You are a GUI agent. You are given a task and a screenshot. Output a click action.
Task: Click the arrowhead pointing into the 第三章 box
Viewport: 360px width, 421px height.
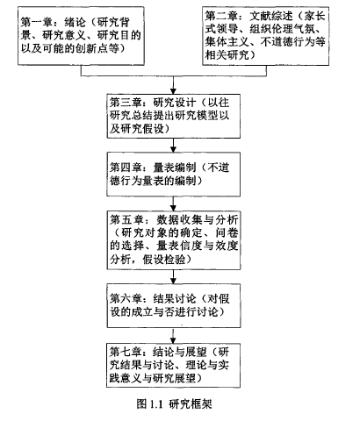tap(174, 91)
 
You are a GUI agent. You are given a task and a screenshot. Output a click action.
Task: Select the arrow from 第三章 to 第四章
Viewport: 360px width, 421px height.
tap(174, 145)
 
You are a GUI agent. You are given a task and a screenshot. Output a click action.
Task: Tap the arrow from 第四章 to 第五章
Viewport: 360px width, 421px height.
tap(174, 203)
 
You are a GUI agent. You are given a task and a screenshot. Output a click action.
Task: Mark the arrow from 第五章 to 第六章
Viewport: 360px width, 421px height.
tap(174, 276)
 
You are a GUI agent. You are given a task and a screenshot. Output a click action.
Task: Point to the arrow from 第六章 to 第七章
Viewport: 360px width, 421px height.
tap(174, 336)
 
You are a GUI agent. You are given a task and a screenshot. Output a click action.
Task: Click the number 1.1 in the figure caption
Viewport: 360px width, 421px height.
tap(156, 404)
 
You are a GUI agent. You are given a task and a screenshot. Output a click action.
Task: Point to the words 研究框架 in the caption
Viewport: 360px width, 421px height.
tap(191, 404)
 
